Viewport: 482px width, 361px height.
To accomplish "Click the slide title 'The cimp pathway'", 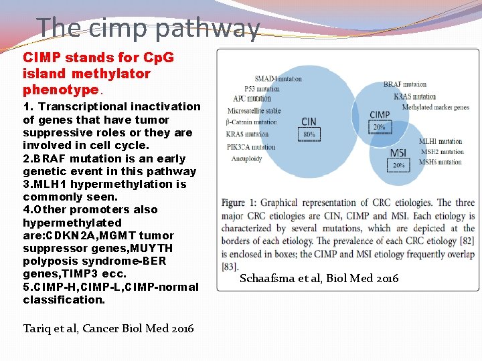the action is point(148,28).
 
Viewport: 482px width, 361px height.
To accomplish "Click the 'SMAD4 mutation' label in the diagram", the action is point(278,79).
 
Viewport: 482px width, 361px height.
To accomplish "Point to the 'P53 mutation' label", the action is point(262,88).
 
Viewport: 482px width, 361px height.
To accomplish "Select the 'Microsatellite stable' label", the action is point(254,110).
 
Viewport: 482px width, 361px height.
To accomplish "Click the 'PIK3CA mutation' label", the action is point(251,147).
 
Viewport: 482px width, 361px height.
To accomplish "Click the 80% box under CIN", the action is point(309,134).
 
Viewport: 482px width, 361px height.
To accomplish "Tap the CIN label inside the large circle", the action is point(309,122).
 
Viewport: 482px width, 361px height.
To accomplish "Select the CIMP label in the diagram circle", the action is point(380,115).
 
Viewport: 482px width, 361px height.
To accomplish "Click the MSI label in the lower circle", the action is point(398,154).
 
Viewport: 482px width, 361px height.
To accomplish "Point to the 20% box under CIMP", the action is point(380,127).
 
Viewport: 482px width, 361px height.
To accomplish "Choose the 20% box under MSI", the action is point(398,165).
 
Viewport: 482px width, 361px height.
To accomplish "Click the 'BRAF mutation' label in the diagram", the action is point(404,84).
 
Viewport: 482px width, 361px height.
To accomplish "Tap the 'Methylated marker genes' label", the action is point(435,108).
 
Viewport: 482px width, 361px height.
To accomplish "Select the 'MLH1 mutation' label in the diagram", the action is point(440,141).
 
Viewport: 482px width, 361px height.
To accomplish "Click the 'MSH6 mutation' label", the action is point(440,162).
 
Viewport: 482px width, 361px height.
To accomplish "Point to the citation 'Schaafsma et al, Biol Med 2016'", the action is point(319,278).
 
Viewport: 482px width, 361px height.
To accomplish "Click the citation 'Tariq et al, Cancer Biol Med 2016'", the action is point(108,328).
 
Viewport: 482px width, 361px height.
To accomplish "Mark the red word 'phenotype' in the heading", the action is point(60,89).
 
